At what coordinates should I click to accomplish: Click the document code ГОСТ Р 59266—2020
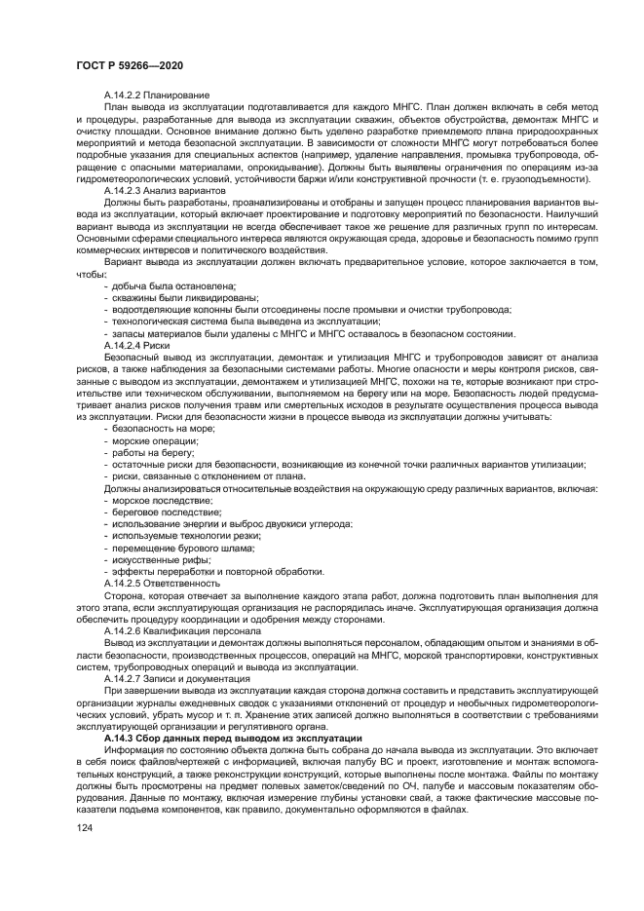130,64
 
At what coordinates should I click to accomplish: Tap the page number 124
85,827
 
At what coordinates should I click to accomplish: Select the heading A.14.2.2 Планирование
156,94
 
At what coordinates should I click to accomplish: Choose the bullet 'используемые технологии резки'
187,534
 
